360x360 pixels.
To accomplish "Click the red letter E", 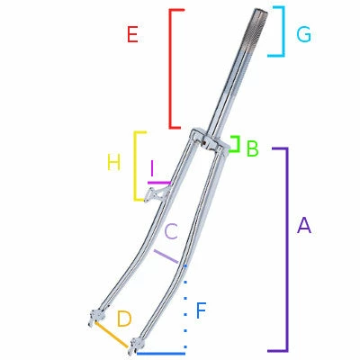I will coord(132,35).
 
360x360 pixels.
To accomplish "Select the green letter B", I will coord(252,148).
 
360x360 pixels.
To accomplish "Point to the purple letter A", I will coord(303,226).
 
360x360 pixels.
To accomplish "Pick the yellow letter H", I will coord(113,163).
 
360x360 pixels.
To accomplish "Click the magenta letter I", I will coord(154,168).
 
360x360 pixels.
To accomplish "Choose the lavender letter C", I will coord(171,230).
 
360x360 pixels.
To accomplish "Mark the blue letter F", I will coord(201,311).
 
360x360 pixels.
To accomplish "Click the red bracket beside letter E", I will coord(171,67).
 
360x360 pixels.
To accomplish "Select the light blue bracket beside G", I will coord(282,31).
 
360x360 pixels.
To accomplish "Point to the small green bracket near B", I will coord(236,145).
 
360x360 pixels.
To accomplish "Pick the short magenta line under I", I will coord(158,183).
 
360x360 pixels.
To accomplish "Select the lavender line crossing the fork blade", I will coord(166,256).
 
